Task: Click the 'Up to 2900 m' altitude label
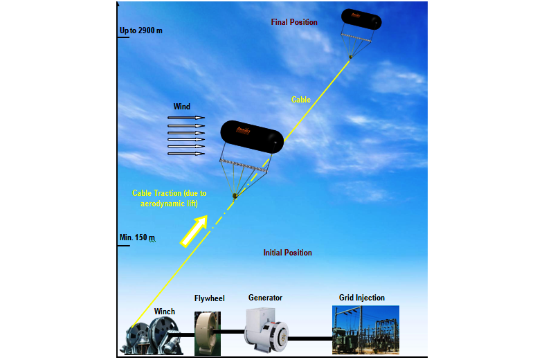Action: point(140,30)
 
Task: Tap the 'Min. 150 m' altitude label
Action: point(137,237)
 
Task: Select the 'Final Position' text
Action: point(294,22)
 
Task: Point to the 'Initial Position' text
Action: point(287,253)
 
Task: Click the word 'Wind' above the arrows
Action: point(181,107)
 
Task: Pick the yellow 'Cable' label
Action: point(301,100)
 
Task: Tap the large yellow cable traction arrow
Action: point(194,230)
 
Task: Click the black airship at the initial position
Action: point(251,136)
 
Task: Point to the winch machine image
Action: point(153,338)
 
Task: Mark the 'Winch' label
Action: point(165,312)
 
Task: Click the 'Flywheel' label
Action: point(209,298)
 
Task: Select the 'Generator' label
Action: point(265,298)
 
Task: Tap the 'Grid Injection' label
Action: point(361,298)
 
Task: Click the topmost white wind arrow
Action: point(187,118)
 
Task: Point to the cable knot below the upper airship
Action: point(351,57)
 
